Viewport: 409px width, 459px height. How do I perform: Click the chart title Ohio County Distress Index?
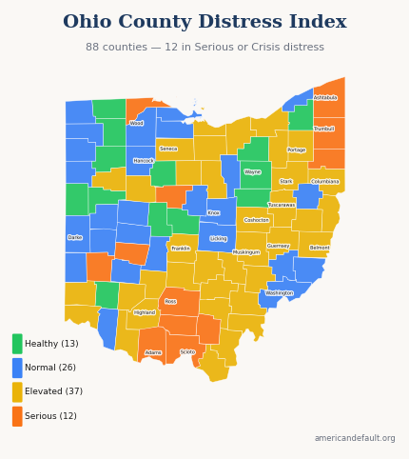[204, 22]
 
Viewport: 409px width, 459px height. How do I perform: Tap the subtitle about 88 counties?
[204, 48]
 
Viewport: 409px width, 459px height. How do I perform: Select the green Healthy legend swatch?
[17, 344]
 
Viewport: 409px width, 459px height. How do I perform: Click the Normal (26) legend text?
[50, 368]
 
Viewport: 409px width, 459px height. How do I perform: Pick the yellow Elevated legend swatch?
[17, 391]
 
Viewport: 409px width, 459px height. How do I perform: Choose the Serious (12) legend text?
[50, 416]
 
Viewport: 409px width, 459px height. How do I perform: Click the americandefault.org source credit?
[355, 438]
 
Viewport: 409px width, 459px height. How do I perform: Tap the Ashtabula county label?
[325, 98]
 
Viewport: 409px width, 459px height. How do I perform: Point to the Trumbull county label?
[323, 129]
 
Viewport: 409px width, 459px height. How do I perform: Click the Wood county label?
[137, 123]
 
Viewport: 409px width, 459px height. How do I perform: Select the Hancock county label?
[144, 161]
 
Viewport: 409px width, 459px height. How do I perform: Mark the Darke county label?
[75, 238]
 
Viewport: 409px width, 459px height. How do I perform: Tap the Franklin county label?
[181, 249]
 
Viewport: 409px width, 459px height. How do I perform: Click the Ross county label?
[170, 302]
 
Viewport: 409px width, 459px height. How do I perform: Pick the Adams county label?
[153, 352]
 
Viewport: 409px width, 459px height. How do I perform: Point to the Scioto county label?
[187, 352]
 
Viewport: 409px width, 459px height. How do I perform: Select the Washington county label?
[280, 293]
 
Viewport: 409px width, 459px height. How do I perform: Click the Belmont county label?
[320, 248]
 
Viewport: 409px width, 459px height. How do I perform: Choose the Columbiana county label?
[325, 182]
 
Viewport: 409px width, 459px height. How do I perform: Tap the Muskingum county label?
[246, 252]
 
